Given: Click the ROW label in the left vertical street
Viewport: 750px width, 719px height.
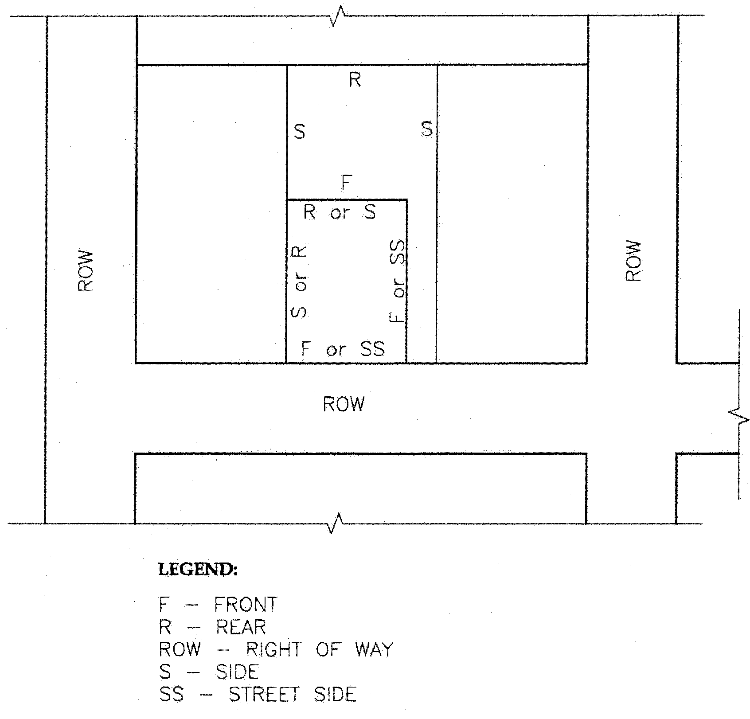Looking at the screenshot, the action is pos(86,271).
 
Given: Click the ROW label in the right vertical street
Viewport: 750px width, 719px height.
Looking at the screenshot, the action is pos(633,262).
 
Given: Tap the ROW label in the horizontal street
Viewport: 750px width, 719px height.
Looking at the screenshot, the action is pos(344,404).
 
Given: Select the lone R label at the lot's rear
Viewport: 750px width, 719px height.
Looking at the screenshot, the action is pos(355,80).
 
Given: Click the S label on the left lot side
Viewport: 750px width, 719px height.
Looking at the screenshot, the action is pos(300,132).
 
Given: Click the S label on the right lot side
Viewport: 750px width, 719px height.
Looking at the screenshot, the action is pos(426,129).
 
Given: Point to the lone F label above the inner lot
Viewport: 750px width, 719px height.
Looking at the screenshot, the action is pos(347,183).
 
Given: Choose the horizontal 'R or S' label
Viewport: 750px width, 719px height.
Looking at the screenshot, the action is pos(340,213).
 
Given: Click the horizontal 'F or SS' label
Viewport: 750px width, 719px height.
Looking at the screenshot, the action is pos(343,349).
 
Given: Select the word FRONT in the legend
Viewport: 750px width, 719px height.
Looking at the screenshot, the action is pos(246,604).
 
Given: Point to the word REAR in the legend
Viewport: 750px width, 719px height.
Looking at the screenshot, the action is pos(241,627).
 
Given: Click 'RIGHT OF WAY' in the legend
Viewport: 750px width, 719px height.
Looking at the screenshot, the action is pos(320,650).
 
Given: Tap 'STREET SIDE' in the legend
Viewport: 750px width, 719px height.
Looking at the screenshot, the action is pos(293,694).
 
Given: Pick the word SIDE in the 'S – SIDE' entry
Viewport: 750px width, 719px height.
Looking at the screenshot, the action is pos(237,672).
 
